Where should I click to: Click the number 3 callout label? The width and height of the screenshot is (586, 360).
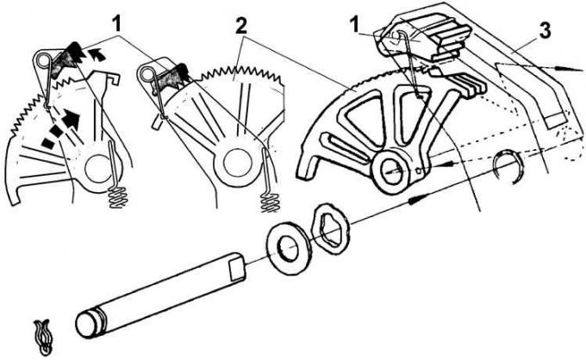pos(545,31)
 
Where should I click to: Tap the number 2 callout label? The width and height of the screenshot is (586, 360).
pos(242,26)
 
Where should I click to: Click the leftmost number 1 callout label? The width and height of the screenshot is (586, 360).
pos(117,25)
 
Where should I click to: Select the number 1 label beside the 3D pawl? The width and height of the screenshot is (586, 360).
pos(354,26)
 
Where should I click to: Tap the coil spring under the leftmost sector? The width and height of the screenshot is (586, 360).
pos(117,198)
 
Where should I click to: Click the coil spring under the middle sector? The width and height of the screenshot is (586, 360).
pos(270,202)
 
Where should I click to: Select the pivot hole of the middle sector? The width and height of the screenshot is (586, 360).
pos(236,163)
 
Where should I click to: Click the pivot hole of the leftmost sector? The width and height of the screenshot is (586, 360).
pos(98,169)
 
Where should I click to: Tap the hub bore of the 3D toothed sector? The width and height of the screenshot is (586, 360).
pos(391,171)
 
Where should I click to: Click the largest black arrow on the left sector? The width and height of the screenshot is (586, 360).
pos(72,117)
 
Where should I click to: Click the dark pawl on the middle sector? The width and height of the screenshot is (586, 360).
pos(171,77)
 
